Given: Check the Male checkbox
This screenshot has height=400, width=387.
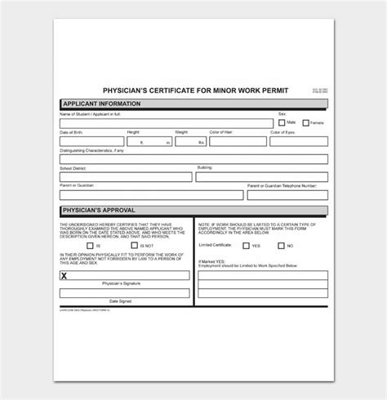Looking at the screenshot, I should click(282, 122).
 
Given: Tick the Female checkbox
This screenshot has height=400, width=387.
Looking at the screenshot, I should click(306, 122).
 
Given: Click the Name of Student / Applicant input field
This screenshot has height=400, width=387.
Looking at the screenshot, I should click(166, 123).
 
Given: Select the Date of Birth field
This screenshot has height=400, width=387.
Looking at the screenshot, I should click(91, 141).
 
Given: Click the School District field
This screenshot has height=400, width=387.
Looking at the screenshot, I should click(125, 176).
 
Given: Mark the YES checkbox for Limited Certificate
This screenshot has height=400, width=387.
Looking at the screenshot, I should click(246, 244).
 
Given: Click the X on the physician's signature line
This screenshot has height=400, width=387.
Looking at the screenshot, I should click(64, 275).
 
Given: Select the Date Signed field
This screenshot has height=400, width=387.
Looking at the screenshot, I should click(125, 293).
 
